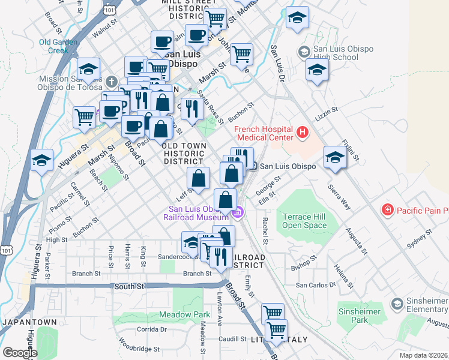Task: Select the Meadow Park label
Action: click(x=185, y=314)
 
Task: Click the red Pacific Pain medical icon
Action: click(x=388, y=211)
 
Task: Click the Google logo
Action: click(x=20, y=352)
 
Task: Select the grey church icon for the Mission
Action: click(x=110, y=80)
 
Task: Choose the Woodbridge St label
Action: click(x=139, y=348)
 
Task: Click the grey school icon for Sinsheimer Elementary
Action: click(x=396, y=304)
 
